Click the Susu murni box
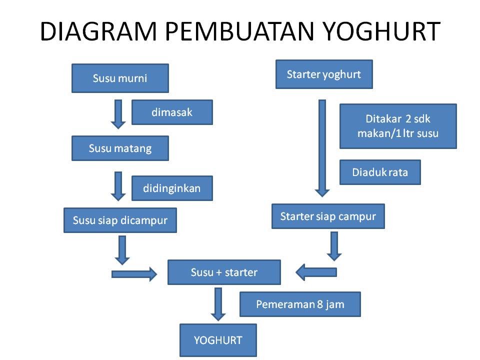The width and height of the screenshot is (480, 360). pos(120,78)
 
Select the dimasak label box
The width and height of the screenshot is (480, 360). pos(172,112)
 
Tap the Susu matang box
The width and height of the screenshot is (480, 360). pos(120,148)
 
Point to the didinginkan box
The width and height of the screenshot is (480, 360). pos(172,188)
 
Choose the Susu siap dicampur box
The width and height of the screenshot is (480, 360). pos(120,220)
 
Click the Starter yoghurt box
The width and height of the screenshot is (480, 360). pos(324,74)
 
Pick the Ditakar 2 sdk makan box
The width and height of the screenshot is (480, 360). pos(398,126)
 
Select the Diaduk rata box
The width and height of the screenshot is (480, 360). pos(380,172)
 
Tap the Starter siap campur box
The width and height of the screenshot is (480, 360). pos(328,216)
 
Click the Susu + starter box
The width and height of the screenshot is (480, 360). pos(224,272)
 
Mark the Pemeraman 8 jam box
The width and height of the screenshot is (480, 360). pos(300,304)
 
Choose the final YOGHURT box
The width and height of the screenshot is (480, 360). pos(218,340)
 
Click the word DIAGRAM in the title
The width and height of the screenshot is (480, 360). pos(98,31)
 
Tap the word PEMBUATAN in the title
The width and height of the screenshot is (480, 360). pos(240,31)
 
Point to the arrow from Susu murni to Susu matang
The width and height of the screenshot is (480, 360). pos(118,114)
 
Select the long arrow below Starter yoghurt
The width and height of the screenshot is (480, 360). pos(322,148)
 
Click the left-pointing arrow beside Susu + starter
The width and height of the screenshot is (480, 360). pos(316,272)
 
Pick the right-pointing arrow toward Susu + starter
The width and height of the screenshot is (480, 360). pos(134,274)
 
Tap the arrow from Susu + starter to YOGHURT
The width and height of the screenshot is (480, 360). pos(218,304)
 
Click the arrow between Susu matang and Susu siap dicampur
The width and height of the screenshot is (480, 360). pos(118,186)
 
